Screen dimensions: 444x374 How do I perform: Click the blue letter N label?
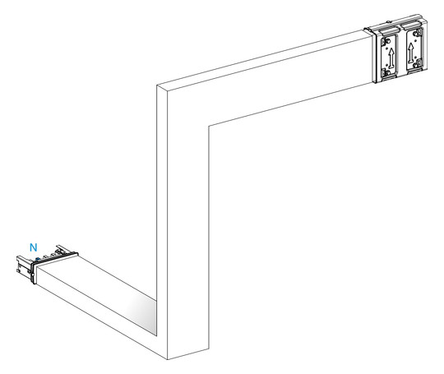pos(34,247)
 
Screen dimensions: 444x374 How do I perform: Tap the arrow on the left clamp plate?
pos(391,58)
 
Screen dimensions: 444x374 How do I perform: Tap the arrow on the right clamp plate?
pos(411,53)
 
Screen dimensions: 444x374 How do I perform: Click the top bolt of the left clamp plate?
pos(388,41)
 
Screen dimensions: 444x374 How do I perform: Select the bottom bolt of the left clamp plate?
pos(386,72)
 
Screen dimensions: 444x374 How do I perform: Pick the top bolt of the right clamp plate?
pos(417,34)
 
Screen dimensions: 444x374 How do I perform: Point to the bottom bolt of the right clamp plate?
pos(416,65)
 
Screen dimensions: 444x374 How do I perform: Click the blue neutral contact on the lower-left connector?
pos(37,259)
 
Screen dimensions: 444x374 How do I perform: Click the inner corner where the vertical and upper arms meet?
pos(209,126)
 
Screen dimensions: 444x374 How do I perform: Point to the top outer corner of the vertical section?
pos(157,85)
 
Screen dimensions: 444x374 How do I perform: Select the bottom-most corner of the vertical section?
pos(168,359)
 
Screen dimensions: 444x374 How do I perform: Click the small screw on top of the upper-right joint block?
pos(390,21)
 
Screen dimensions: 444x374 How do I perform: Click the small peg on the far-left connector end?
pos(18,270)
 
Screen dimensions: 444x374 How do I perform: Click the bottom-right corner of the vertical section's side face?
pos(209,349)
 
